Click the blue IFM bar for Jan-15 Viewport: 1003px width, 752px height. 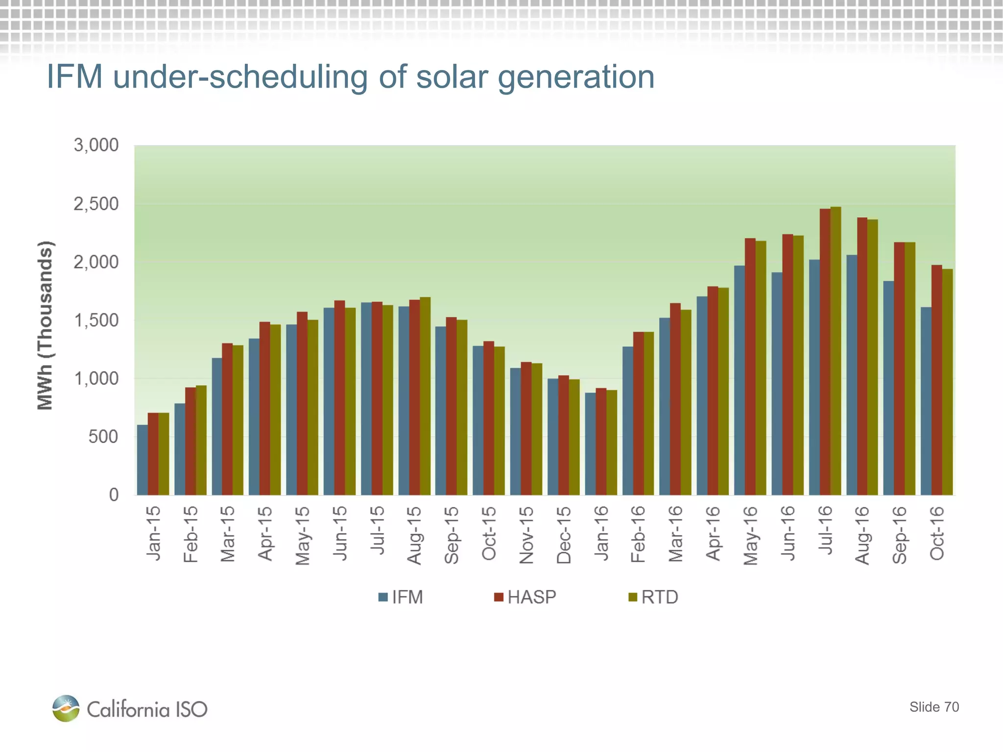tap(142, 460)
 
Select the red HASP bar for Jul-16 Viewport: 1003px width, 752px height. tap(825, 352)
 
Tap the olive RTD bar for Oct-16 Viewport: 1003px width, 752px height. tap(947, 382)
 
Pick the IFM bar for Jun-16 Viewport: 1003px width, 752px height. tap(777, 384)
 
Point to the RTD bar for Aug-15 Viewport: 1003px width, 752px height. tap(425, 397)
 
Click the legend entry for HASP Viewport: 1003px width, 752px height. tap(525, 597)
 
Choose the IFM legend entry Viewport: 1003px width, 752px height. tap(401, 597)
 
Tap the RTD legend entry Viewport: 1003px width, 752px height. tap(653, 597)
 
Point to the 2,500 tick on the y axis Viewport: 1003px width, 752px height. tap(96, 204)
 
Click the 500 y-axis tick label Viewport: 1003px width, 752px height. tap(103, 437)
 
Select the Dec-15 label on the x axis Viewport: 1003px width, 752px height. tap(564, 535)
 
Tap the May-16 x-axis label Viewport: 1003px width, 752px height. tap(750, 536)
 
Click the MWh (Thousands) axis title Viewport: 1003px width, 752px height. tap(45, 326)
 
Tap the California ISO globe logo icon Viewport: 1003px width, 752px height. tap(66, 708)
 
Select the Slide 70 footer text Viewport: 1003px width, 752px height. tap(934, 707)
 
